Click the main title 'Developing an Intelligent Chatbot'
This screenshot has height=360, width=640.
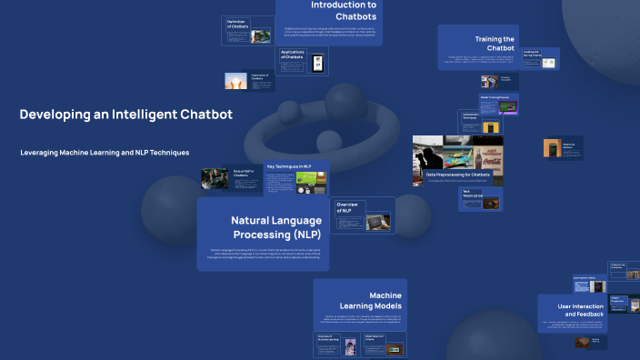click(x=125, y=115)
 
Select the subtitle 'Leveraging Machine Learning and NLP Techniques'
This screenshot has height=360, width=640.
click(x=105, y=152)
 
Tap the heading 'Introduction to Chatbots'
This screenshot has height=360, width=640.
click(x=343, y=11)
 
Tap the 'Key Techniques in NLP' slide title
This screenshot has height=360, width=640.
click(x=289, y=167)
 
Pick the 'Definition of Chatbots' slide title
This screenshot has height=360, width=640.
click(x=237, y=25)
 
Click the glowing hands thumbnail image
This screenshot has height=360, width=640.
click(x=235, y=81)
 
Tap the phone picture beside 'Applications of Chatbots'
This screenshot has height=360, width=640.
click(x=317, y=63)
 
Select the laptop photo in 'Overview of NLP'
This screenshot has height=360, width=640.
click(x=377, y=221)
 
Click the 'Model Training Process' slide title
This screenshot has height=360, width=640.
click(x=497, y=97)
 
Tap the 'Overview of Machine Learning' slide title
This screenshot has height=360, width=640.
click(x=327, y=339)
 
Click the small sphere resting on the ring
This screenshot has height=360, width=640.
click(x=327, y=141)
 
